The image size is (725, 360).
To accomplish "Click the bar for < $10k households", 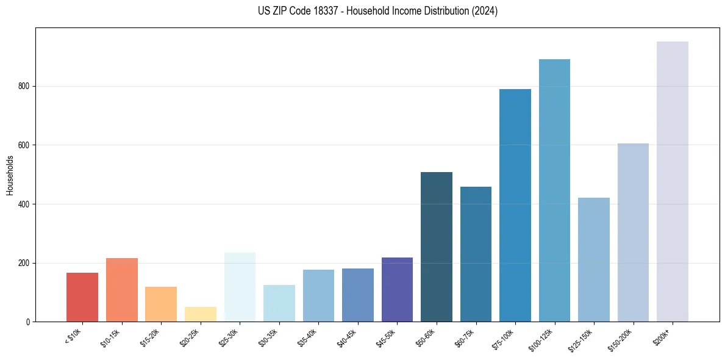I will point(82,297).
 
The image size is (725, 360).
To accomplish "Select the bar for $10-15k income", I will point(122,290).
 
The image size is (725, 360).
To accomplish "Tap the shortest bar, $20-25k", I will point(201,314).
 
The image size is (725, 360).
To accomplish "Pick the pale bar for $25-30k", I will point(240,287).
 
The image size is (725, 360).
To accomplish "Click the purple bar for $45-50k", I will point(397,289).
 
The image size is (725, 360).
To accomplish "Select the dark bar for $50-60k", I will point(437,247).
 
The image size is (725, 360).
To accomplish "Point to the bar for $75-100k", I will point(515,206).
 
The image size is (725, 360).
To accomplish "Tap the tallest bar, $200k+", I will point(673,181).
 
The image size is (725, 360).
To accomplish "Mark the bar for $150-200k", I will point(633,232).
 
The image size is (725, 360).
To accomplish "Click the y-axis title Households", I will point(10,175).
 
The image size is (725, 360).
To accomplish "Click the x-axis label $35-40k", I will point(307,337).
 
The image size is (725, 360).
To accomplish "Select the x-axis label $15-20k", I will point(150,337).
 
